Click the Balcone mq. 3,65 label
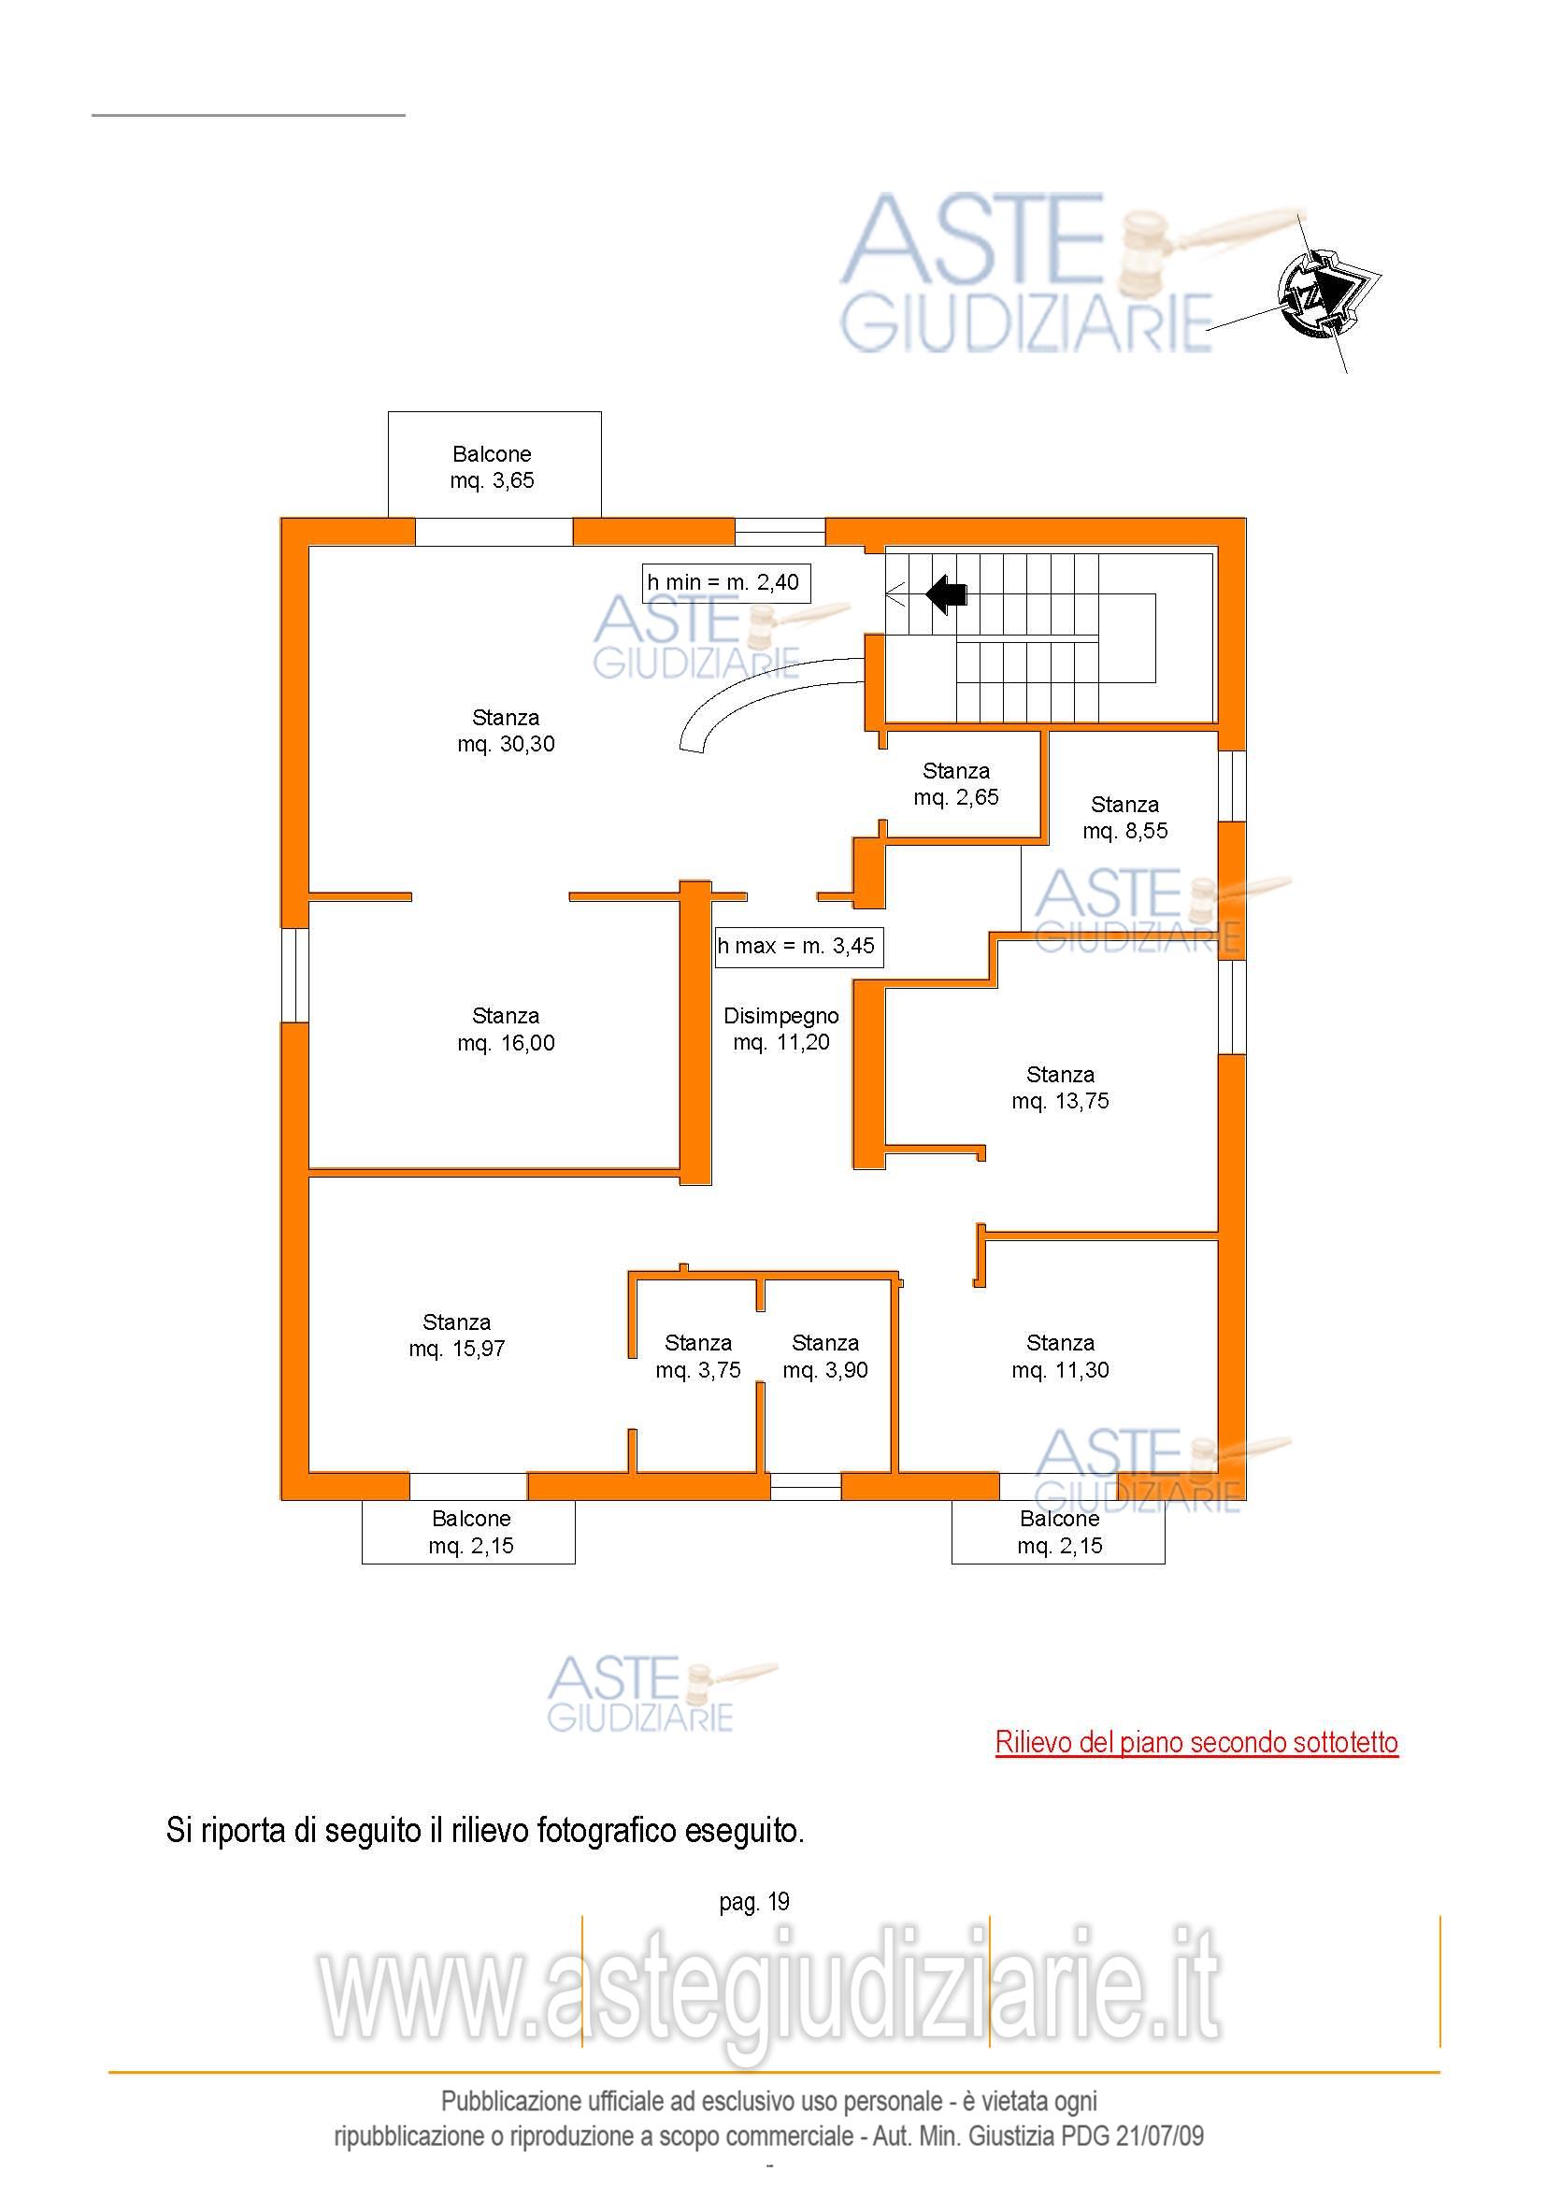[493, 467]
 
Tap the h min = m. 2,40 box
[726, 582]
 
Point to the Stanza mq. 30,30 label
[506, 731]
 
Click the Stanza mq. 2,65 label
[956, 784]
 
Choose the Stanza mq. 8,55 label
[1125, 818]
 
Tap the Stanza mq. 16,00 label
[506, 1029]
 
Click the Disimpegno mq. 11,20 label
[781, 1029]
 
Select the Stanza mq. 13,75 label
[1061, 1088]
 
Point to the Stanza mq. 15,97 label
[457, 1336]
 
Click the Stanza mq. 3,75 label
[698, 1357]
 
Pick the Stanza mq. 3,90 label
[825, 1357]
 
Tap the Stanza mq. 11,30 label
[1061, 1357]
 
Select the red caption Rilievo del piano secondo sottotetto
[1196, 1742]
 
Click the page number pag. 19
[755, 1902]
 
